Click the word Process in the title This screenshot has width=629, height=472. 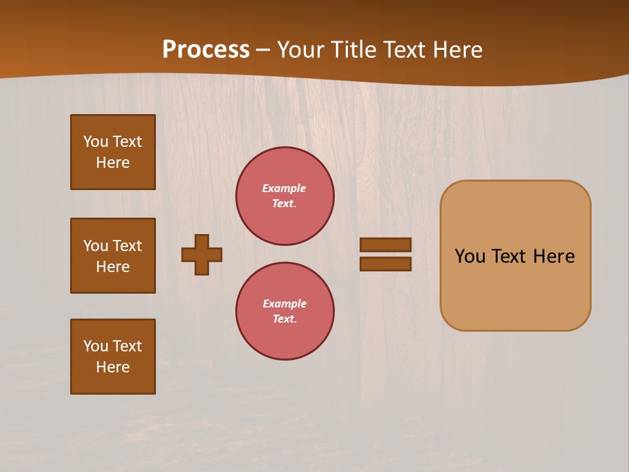coord(206,50)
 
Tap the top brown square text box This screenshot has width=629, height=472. coord(113,152)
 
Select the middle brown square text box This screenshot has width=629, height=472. coord(113,256)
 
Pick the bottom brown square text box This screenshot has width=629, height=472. coord(113,357)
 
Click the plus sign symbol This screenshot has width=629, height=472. coord(202,254)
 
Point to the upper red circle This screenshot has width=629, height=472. coord(285,196)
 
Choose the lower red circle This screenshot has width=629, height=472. coord(285,311)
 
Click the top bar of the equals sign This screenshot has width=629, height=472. coord(386,245)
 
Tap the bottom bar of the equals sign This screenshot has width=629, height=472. coord(386,264)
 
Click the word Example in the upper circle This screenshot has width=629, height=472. coord(284,188)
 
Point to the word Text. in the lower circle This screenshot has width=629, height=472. coord(285,319)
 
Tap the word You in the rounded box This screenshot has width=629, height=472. coord(470,256)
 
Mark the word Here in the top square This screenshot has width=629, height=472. coord(113,163)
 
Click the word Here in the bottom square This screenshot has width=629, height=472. coord(113,367)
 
